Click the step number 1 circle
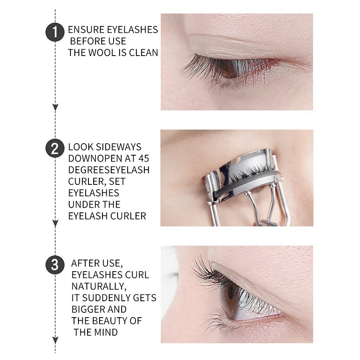coord(55,32)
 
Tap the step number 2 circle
coord(55,148)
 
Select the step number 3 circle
coord(55,264)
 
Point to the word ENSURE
coord(86,30)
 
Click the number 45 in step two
coord(144,158)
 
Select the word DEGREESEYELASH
coord(109,170)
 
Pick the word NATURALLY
coord(99,286)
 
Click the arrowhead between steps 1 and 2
coord(55,107)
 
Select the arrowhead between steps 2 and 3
coord(55,223)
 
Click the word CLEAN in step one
coord(143,52)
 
